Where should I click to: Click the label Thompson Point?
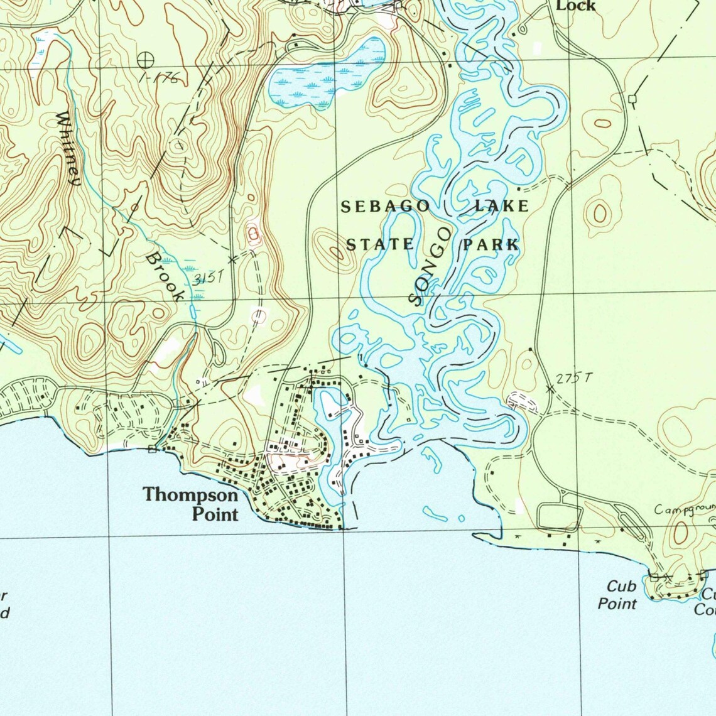click(x=191, y=504)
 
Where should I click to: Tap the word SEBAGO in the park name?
click(x=386, y=207)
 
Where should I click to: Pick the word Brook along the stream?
click(x=165, y=276)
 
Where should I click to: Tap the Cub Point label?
click(x=619, y=595)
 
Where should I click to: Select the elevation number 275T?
click(x=574, y=378)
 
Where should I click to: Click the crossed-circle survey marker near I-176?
click(x=144, y=60)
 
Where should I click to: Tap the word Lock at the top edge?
click(x=576, y=6)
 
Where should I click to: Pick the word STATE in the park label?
click(x=380, y=244)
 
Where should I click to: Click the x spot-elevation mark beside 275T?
click(x=550, y=389)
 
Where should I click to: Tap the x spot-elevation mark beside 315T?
click(x=232, y=259)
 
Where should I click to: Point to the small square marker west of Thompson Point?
click(x=152, y=448)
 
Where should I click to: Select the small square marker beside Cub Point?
click(x=654, y=576)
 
